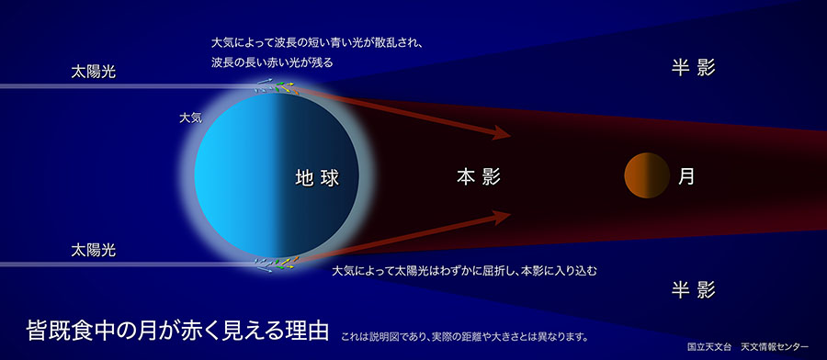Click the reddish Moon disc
pyautogui.click(x=645, y=175)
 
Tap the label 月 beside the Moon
pyautogui.click(x=685, y=176)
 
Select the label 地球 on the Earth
pyautogui.click(x=317, y=176)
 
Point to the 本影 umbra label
pyautogui.click(x=478, y=176)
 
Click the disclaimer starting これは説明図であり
pyautogui.click(x=463, y=335)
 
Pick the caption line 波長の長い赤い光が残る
pyautogui.click(x=271, y=62)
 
